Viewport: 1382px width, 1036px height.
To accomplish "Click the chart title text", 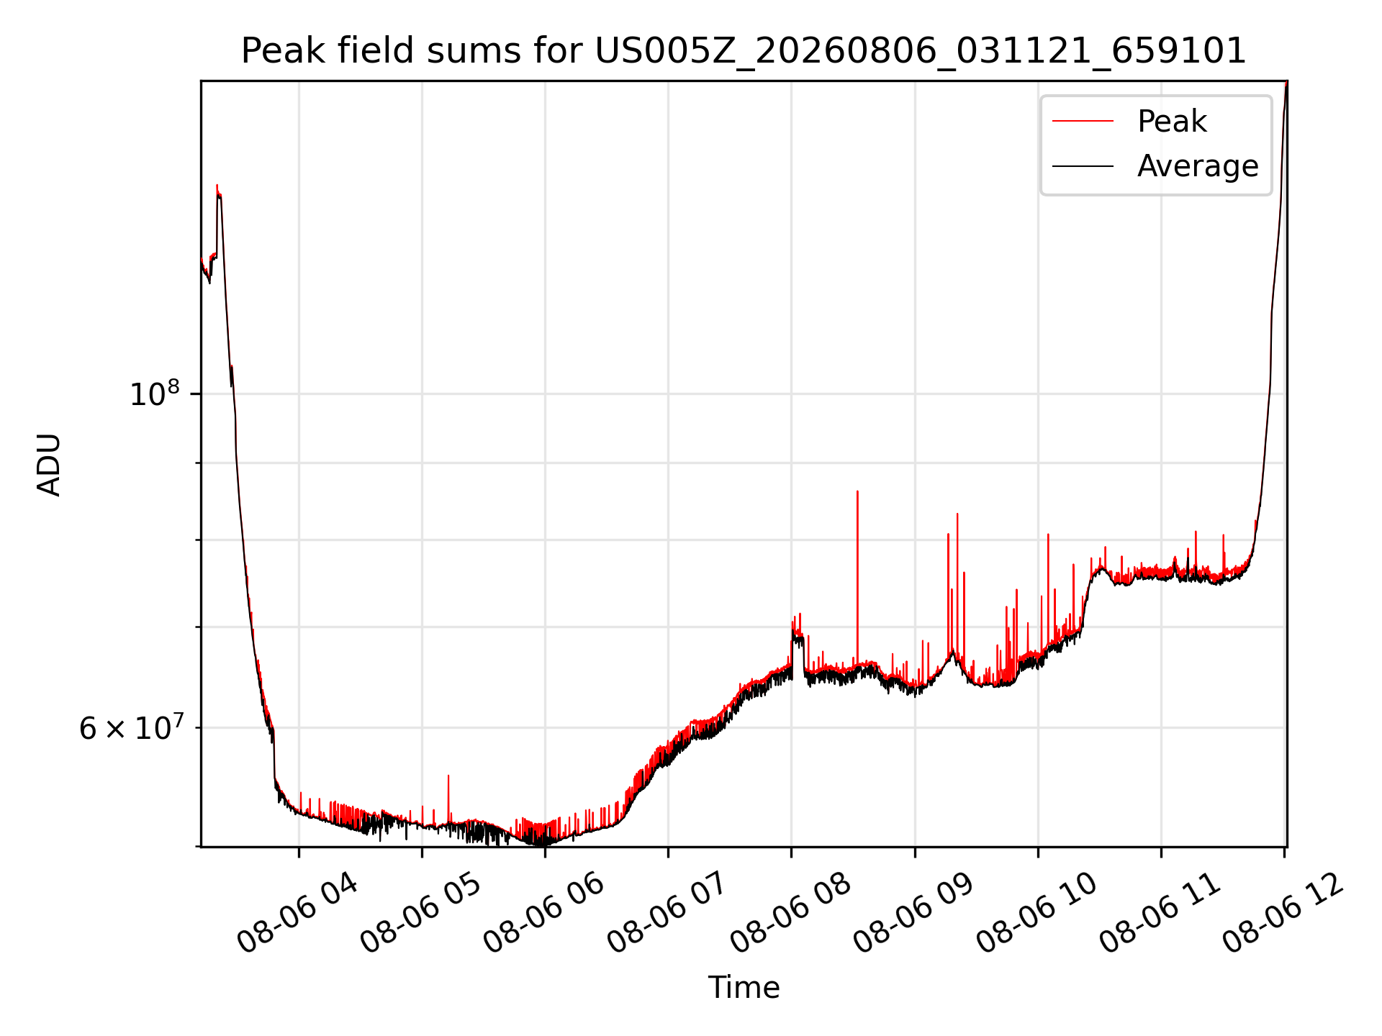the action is [744, 51].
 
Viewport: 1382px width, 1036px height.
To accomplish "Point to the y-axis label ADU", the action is [49, 464].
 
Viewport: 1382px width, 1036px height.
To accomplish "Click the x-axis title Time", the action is [744, 987].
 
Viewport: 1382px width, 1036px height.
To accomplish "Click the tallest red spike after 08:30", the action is [857, 576].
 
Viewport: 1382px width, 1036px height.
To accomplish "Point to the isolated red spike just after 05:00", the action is [448, 799].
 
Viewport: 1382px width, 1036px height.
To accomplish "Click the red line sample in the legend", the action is [1083, 121].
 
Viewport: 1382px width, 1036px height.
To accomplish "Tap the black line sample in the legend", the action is [1083, 166].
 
